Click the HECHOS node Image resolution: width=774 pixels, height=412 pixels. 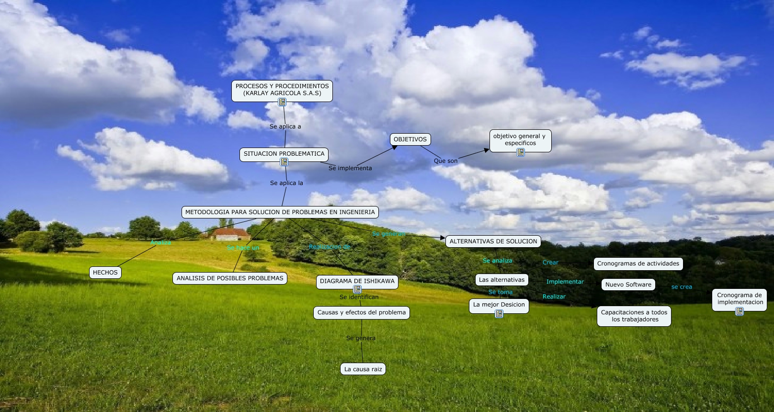click(105, 273)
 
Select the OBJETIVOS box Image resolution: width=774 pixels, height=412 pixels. click(410, 139)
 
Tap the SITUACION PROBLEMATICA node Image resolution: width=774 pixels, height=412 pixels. click(284, 154)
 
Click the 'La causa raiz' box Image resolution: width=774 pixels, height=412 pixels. click(363, 369)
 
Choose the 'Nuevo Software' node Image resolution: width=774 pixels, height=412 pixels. click(628, 285)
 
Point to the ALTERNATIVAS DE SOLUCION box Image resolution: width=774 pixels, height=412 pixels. click(493, 241)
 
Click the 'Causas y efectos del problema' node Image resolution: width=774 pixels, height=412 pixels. click(361, 312)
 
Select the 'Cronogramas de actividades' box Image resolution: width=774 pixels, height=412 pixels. click(638, 263)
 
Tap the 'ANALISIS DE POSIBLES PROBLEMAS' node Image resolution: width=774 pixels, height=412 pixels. click(230, 278)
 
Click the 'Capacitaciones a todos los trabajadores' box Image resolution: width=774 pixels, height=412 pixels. click(634, 316)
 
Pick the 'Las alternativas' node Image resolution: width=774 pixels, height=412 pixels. click(501, 280)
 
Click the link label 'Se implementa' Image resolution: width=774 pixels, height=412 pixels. click(350, 168)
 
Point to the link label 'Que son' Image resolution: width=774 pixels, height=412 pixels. click(445, 161)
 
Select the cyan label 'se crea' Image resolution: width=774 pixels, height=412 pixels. click(682, 287)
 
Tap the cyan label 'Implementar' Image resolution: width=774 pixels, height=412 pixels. click(565, 282)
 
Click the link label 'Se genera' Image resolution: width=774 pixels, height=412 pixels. click(361, 338)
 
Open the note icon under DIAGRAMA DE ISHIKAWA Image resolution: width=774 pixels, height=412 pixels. click(357, 289)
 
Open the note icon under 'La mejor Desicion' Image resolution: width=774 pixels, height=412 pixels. click(499, 314)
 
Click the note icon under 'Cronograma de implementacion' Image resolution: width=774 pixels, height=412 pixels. click(740, 311)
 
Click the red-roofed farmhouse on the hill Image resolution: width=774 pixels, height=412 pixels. click(231, 234)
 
